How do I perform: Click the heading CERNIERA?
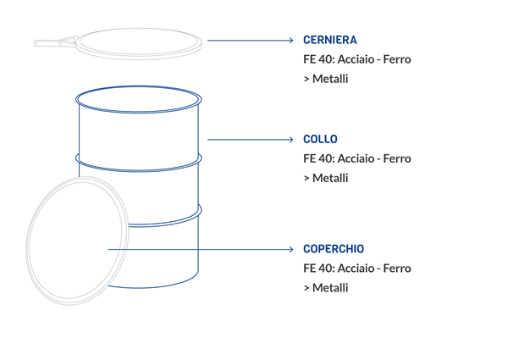click(330, 40)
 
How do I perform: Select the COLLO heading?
click(320, 139)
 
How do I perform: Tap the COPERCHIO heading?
click(334, 249)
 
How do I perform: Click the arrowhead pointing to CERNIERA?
click(291, 40)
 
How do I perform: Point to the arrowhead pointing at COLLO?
click(291, 139)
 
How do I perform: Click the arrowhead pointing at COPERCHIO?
click(291, 249)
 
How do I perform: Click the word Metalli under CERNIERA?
click(330, 79)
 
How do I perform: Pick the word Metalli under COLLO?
click(330, 178)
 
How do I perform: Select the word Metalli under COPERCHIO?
click(330, 288)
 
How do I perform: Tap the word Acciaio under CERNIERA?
click(356, 59)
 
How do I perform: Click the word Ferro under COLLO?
click(397, 158)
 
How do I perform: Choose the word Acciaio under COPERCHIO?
click(356, 269)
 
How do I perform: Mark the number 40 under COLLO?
click(326, 158)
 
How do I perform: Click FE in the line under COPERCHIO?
click(309, 269)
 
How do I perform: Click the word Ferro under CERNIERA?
click(397, 59)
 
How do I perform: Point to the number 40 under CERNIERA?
click(326, 59)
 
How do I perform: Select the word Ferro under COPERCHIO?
click(397, 269)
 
